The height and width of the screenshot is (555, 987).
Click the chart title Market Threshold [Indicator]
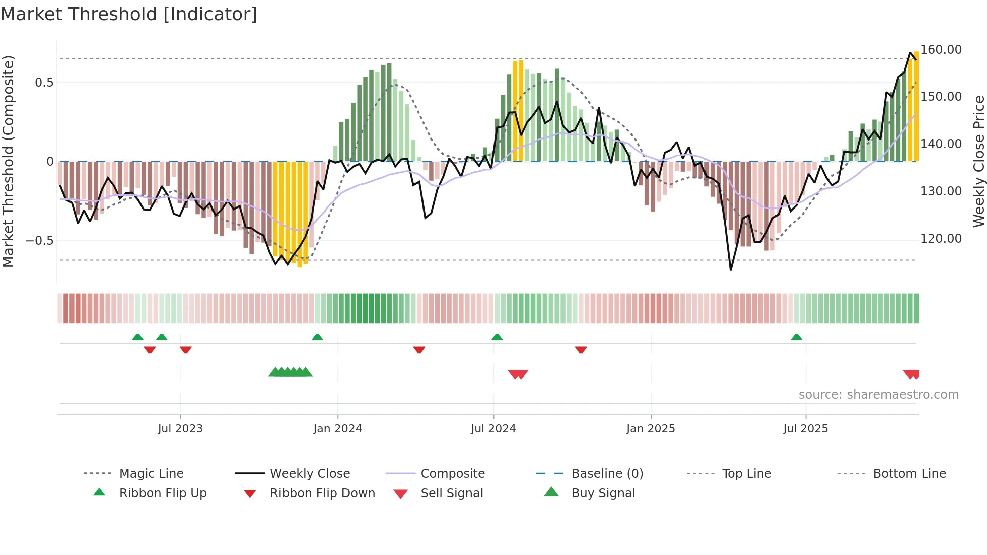click(129, 14)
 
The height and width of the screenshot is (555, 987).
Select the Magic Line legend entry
click(151, 474)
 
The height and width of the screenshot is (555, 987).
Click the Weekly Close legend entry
click(310, 474)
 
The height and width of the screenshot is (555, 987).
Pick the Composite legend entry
click(452, 474)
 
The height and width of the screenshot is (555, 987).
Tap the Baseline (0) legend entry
click(607, 474)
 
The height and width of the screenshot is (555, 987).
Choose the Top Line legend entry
click(746, 474)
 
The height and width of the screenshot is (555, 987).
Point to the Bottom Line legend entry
click(909, 474)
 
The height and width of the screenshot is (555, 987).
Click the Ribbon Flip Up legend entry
click(163, 493)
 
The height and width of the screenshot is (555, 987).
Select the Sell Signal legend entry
click(451, 493)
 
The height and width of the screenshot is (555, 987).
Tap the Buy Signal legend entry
click(603, 493)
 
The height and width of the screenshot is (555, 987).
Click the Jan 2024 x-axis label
click(337, 429)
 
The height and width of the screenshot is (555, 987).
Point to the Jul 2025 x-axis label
click(805, 429)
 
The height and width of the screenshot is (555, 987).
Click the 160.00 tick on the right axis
click(941, 50)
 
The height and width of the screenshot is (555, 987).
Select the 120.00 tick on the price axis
click(941, 239)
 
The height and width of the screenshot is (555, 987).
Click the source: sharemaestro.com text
click(878, 395)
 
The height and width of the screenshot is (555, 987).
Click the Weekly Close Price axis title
click(978, 161)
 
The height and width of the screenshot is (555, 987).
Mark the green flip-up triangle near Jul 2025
click(796, 337)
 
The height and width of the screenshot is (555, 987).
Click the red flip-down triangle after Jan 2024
click(419, 350)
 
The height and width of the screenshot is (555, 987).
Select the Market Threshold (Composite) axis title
click(8, 161)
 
